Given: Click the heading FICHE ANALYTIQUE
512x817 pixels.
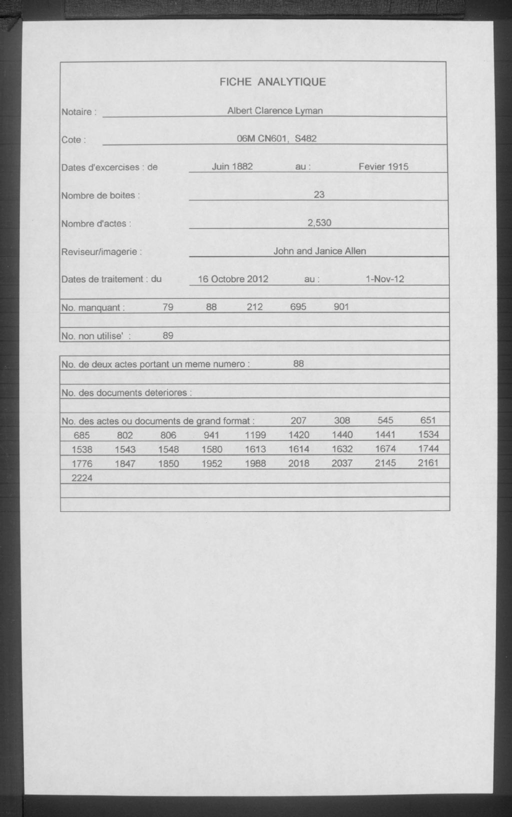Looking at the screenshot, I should pyautogui.click(x=272, y=82).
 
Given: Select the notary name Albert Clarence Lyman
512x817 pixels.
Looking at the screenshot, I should pyautogui.click(x=274, y=110).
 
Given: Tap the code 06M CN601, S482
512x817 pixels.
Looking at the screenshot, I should pyautogui.click(x=276, y=138).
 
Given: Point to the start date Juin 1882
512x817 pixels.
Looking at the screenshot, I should pyautogui.click(x=232, y=166).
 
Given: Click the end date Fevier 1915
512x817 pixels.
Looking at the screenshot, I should pyautogui.click(x=383, y=166).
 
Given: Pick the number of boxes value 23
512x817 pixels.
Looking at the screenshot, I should pyautogui.click(x=319, y=194).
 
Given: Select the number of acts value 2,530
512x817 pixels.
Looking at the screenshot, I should pyautogui.click(x=319, y=222).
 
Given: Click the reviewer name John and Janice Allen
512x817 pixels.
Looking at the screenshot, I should pyautogui.click(x=319, y=251).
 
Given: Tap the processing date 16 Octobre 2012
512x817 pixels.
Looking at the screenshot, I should pyautogui.click(x=233, y=279).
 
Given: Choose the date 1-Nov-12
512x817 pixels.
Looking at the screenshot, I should pyautogui.click(x=384, y=279).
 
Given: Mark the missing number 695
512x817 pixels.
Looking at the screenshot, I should pyautogui.click(x=298, y=307).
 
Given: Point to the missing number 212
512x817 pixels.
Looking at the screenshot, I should pyautogui.click(x=254, y=307).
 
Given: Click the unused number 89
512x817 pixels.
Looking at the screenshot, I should pyautogui.click(x=168, y=335).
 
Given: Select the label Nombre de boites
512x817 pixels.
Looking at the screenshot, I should pyautogui.click(x=100, y=195).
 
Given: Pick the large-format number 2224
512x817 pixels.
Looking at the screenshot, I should pyautogui.click(x=82, y=478).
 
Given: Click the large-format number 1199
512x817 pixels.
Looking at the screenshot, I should pyautogui.click(x=255, y=435).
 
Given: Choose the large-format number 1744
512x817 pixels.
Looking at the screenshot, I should pyautogui.click(x=428, y=449).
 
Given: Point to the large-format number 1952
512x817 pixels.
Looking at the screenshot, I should pyautogui.click(x=211, y=463).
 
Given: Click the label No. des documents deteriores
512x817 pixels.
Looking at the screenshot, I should pyautogui.click(x=126, y=393).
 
